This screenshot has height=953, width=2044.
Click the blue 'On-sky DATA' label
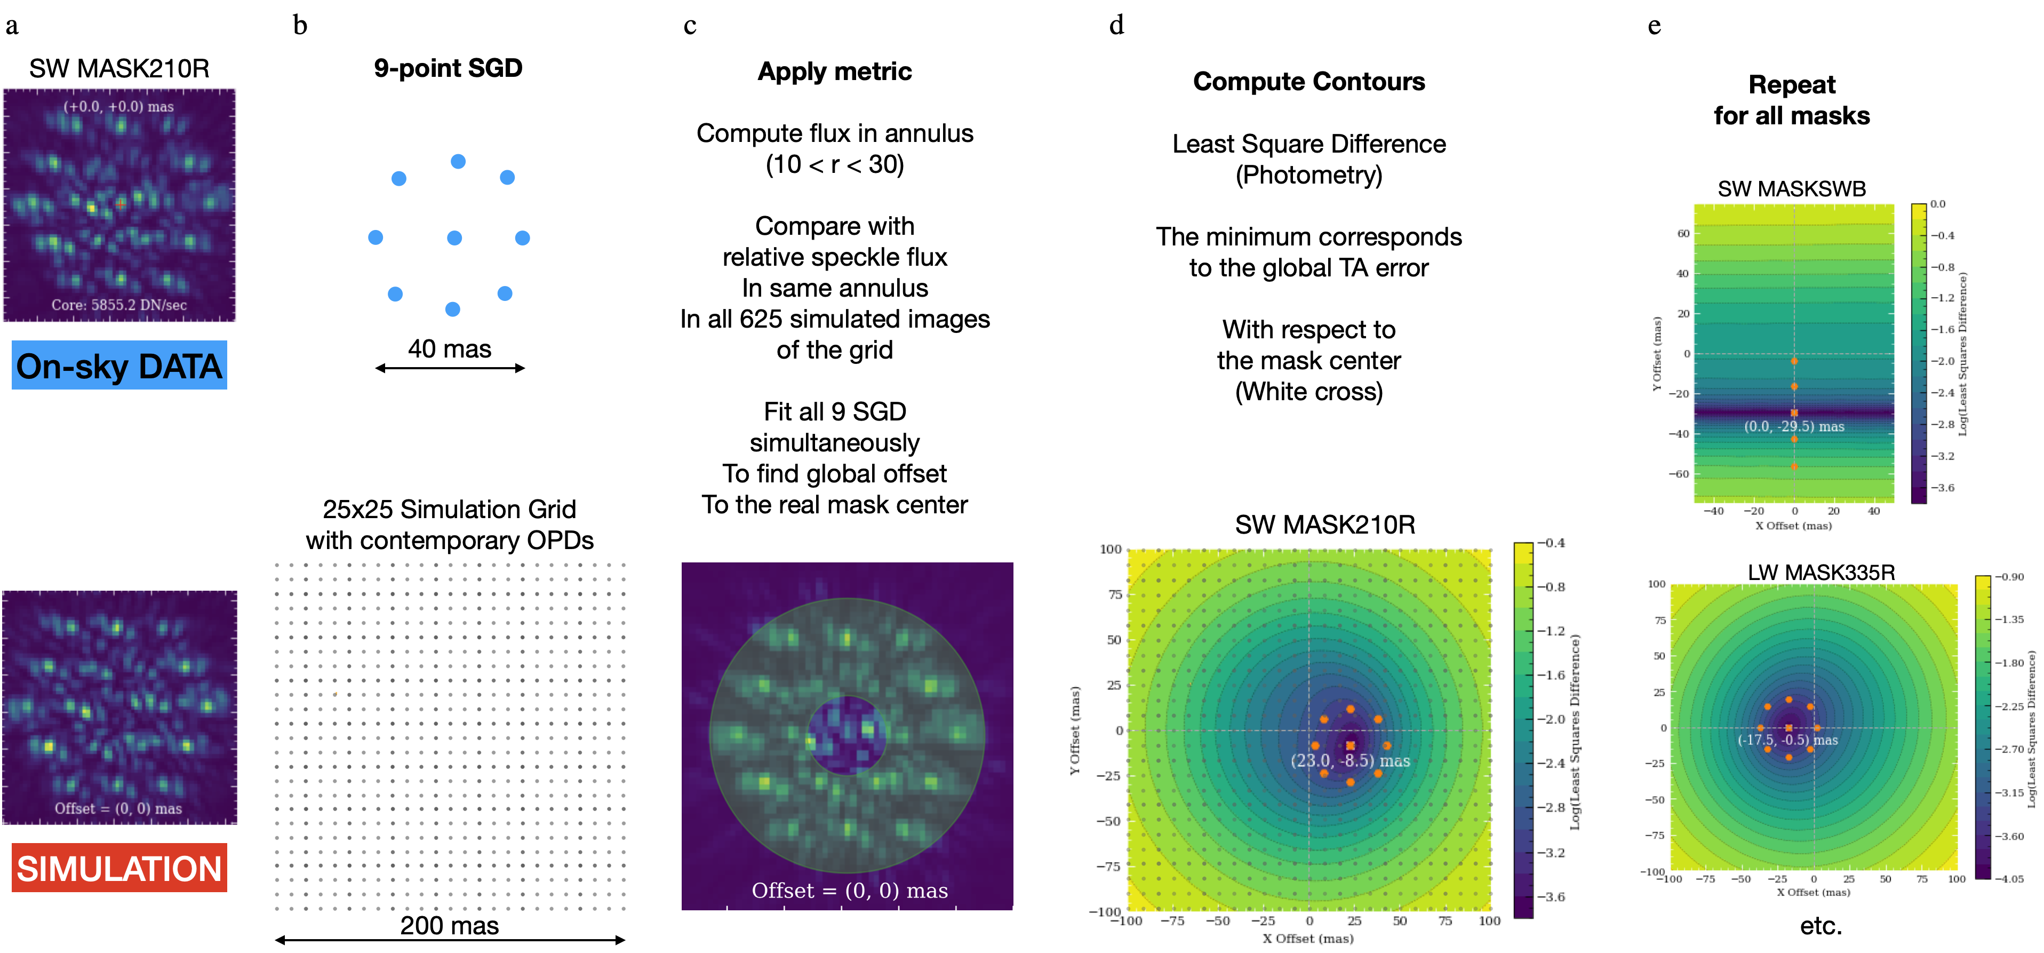pos(119,366)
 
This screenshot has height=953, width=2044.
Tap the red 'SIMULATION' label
pos(119,868)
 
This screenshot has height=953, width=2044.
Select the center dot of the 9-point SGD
pos(454,238)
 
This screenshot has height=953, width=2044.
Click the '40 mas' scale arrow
pos(450,368)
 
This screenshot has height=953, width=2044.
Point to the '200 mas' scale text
pos(449,925)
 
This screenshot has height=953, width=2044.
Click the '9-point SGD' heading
pos(448,68)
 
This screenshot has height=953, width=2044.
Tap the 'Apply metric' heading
pos(835,72)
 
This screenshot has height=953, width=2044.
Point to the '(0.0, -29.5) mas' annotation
pos(1793,426)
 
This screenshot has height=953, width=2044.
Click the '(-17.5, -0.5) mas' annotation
pos(1787,740)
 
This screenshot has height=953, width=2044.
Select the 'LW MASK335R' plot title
pos(1821,572)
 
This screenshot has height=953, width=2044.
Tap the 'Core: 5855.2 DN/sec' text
pos(119,305)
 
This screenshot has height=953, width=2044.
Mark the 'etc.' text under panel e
pos(1821,925)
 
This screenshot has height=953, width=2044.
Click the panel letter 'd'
pos(1116,26)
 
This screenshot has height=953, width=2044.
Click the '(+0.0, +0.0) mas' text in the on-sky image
pos(119,106)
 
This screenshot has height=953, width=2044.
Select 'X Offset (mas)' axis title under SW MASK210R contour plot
pos(1308,939)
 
